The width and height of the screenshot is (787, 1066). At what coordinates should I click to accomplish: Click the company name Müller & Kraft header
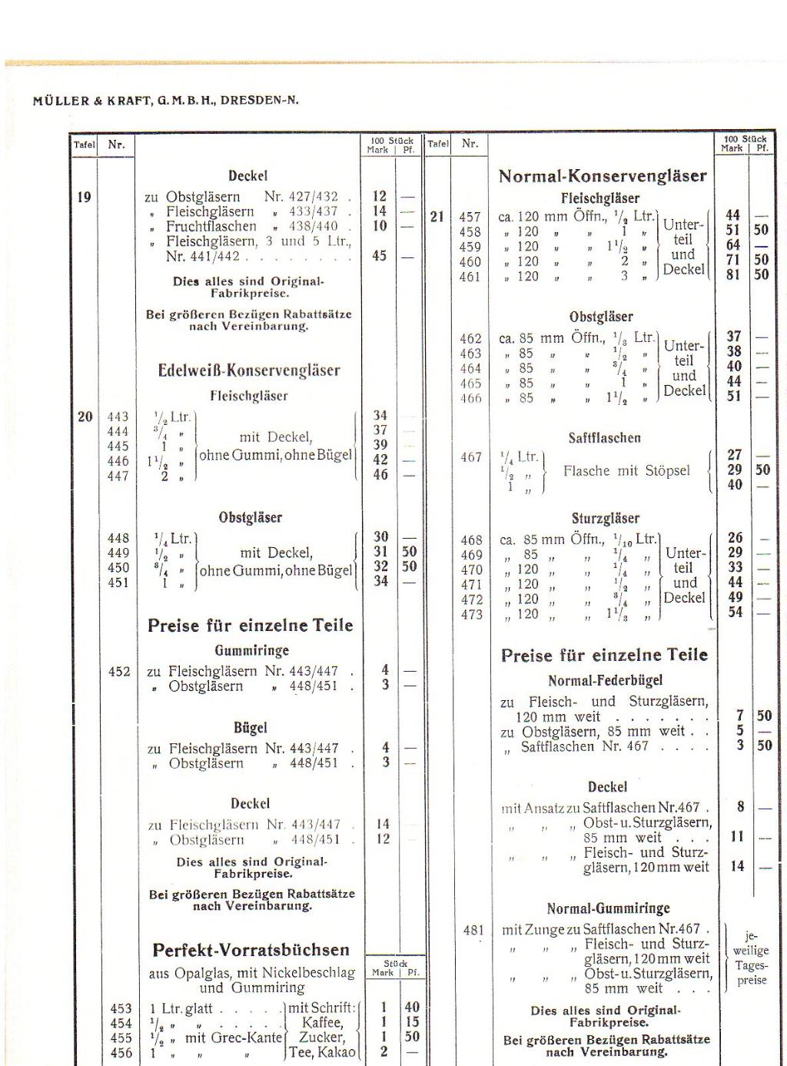pyautogui.click(x=166, y=100)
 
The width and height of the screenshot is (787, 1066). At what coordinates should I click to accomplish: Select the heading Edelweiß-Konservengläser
pyautogui.click(x=249, y=370)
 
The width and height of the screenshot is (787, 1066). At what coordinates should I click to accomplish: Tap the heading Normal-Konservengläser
pyautogui.click(x=603, y=176)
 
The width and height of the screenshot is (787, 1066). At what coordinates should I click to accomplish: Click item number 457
pyautogui.click(x=470, y=218)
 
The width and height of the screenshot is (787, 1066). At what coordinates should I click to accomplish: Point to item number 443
pyautogui.click(x=118, y=417)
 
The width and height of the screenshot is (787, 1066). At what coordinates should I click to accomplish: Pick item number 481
pyautogui.click(x=473, y=931)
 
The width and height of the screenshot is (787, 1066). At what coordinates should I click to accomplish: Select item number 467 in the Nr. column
pyautogui.click(x=471, y=457)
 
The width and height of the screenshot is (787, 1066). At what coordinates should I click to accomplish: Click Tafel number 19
pyautogui.click(x=85, y=197)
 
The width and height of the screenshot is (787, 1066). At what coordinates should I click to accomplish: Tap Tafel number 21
pyautogui.click(x=437, y=217)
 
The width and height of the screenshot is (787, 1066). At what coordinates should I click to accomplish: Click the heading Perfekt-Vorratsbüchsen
pyautogui.click(x=251, y=950)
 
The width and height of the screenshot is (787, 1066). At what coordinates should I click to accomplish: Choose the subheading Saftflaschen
pyautogui.click(x=605, y=438)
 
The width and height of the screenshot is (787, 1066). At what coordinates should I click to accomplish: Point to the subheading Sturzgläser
pyautogui.click(x=606, y=519)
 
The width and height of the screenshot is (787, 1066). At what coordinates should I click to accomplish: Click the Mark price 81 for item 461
pyautogui.click(x=733, y=274)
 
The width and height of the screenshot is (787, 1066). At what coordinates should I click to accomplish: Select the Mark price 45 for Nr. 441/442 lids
pyautogui.click(x=379, y=256)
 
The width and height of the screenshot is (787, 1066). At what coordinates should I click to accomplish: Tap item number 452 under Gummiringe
pyautogui.click(x=119, y=672)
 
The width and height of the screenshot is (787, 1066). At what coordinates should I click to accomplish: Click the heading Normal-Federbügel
pyautogui.click(x=606, y=681)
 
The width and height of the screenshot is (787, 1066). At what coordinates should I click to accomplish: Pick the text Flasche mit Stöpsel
pyautogui.click(x=626, y=470)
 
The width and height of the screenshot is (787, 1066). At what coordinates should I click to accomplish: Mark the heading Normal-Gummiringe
pyautogui.click(x=608, y=908)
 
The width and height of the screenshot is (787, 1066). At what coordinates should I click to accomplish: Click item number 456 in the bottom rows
pyautogui.click(x=121, y=1053)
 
